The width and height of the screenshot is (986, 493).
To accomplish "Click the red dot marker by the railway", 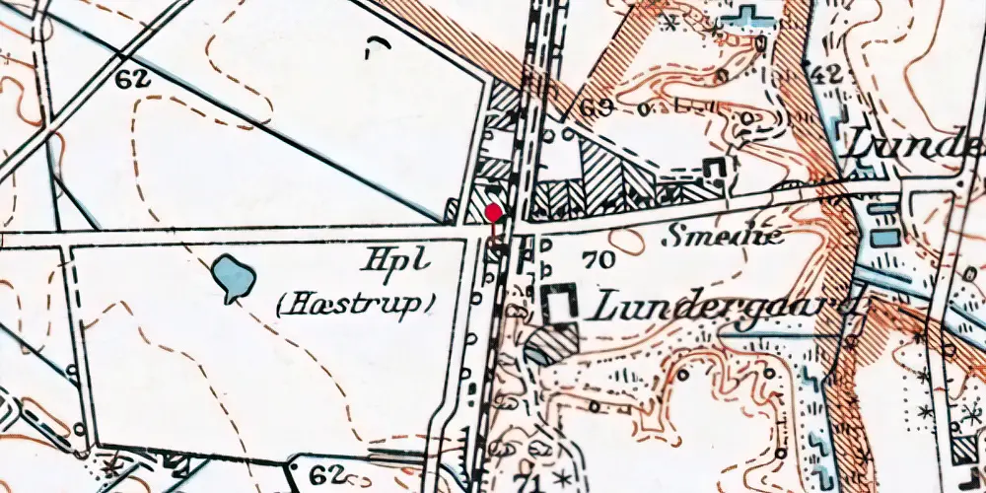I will [493, 212].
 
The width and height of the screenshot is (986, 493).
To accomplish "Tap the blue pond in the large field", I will [232, 277].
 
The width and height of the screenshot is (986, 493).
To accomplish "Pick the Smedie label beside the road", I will [724, 236].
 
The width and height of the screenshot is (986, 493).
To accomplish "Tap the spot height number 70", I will [599, 260].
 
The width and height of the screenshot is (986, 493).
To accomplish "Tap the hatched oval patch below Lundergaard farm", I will [551, 345].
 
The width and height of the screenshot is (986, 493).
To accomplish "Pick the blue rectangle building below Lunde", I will [884, 237].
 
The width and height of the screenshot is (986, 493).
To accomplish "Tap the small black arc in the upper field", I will [377, 44].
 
